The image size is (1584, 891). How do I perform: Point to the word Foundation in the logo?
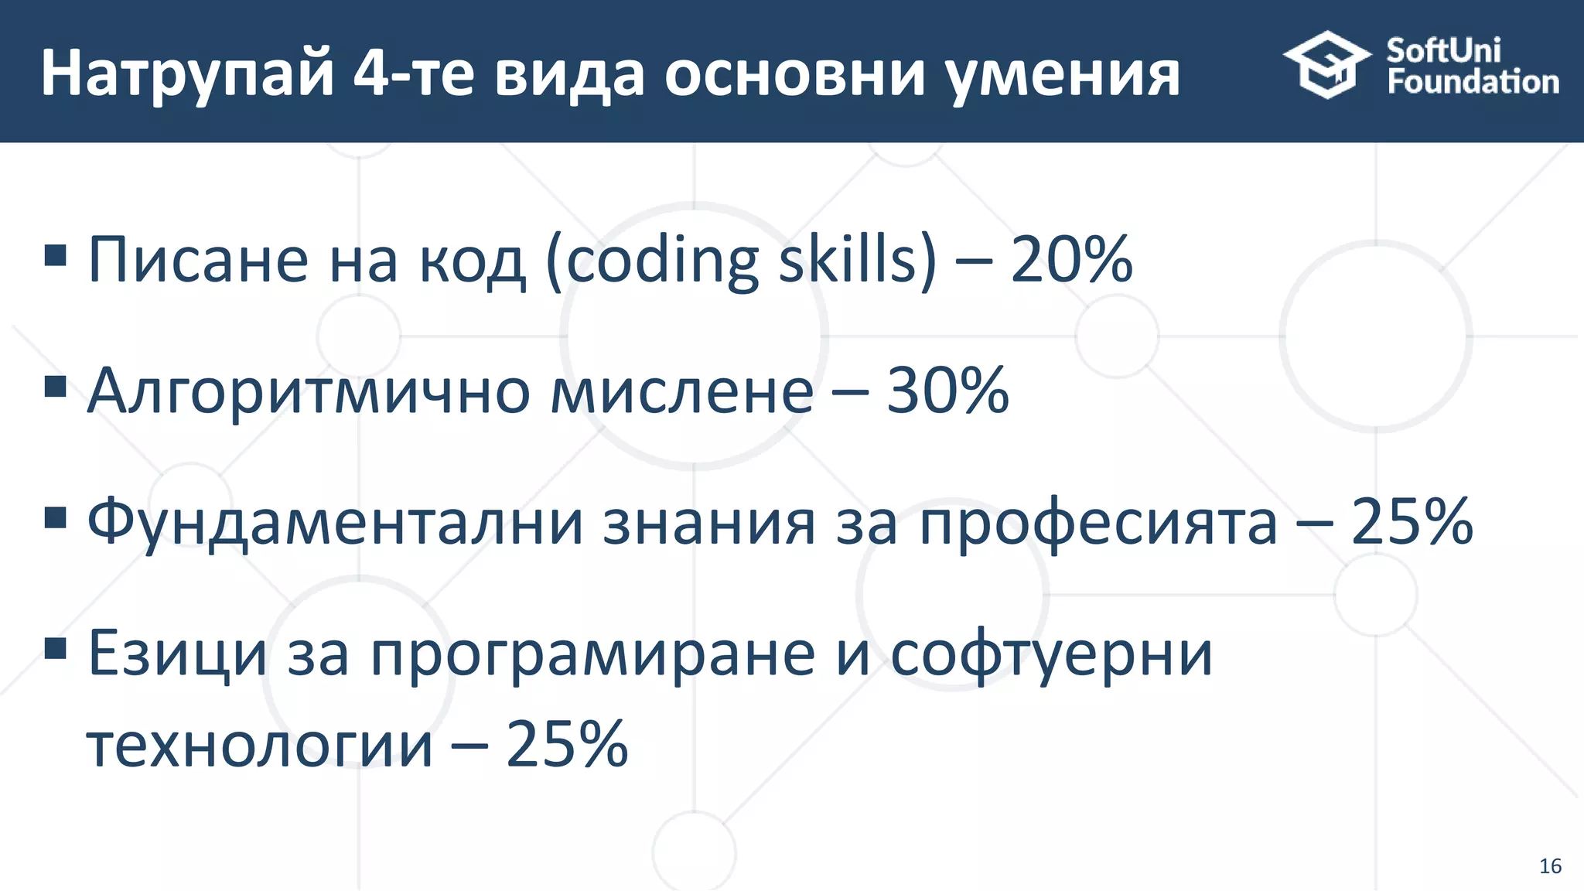pos(1473,82)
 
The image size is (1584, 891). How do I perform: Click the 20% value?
pos(1071,260)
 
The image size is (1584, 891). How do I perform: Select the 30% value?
pos(947,391)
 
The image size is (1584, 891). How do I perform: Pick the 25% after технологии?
pos(567,744)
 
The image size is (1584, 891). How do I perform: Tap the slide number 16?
pos(1550,866)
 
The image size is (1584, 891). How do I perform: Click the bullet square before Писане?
pos(56,254)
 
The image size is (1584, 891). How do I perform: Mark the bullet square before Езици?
pos(56,647)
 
